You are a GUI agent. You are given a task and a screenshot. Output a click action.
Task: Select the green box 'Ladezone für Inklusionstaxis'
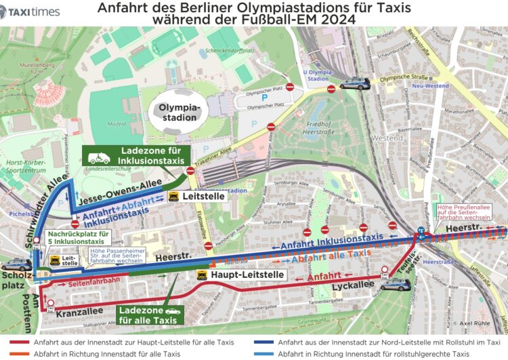click(132, 155)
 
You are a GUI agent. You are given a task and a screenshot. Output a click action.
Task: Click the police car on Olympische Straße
click(355, 84)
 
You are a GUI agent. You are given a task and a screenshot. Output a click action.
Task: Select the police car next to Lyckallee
click(395, 285)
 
